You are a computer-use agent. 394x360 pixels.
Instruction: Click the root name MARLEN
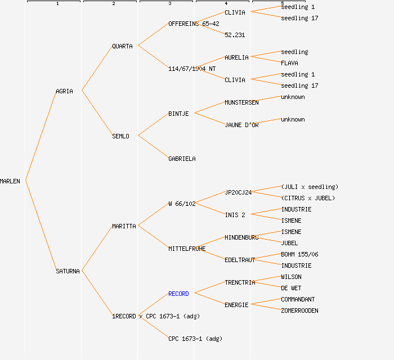click(10, 181)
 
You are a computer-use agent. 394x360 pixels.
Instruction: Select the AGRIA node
click(64, 91)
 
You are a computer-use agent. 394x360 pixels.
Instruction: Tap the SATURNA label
click(68, 271)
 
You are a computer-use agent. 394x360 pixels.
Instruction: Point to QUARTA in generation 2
click(122, 46)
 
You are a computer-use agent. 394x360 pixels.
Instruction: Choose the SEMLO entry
click(120, 136)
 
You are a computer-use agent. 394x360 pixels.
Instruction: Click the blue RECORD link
click(178, 294)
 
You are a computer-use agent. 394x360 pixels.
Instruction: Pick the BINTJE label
click(178, 114)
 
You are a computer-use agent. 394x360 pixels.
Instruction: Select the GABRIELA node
click(182, 159)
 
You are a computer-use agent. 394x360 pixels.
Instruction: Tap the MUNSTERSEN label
click(241, 102)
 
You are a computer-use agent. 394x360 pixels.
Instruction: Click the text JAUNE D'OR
click(241, 125)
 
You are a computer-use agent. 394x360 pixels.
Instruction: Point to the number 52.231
click(235, 35)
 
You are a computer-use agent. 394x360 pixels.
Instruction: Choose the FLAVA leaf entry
click(289, 63)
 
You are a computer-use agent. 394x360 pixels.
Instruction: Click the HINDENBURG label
click(241, 237)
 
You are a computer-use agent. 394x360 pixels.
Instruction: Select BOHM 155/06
click(299, 254)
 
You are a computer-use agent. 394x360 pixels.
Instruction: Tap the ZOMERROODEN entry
click(299, 310)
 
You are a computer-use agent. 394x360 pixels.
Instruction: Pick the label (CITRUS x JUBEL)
click(308, 198)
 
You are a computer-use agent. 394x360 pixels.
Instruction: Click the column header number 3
click(169, 4)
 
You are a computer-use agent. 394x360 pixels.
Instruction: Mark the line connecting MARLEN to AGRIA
click(41, 136)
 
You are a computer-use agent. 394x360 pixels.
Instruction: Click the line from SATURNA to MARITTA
click(97, 249)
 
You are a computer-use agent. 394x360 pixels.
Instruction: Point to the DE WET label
click(291, 288)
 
